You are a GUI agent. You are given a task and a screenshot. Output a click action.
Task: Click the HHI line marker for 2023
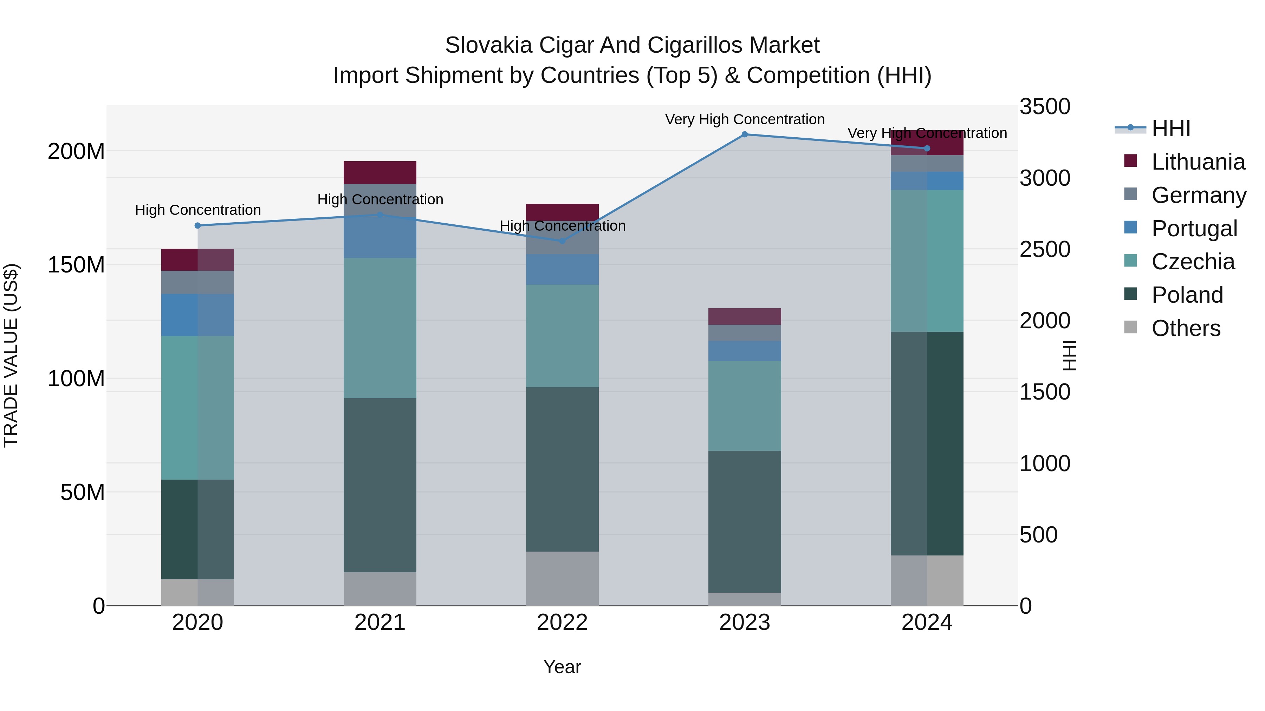coord(745,134)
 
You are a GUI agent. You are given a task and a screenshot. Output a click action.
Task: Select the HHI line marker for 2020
coord(198,226)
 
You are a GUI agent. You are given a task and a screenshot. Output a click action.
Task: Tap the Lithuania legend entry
coord(1198,162)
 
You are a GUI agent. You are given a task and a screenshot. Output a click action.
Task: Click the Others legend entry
coord(1186,328)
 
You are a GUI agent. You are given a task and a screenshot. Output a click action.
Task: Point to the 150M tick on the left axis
coord(76,265)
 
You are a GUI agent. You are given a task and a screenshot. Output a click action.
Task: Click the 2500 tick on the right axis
coord(1045,249)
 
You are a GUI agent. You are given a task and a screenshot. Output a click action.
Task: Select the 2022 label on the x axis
coord(562,623)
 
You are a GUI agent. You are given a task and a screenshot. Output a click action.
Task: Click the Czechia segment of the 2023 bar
coord(745,406)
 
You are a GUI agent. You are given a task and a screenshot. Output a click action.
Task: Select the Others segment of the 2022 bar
coord(562,579)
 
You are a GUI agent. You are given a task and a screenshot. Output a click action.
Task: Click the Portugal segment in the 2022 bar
coord(562,269)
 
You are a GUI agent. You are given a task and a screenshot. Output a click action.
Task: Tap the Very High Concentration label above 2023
coord(745,119)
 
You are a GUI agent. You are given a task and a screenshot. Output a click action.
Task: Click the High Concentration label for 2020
coord(198,210)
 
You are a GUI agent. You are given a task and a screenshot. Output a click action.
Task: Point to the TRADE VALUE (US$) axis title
coord(11,355)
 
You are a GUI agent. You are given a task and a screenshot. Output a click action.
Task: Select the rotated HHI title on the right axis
coord(1069,355)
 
